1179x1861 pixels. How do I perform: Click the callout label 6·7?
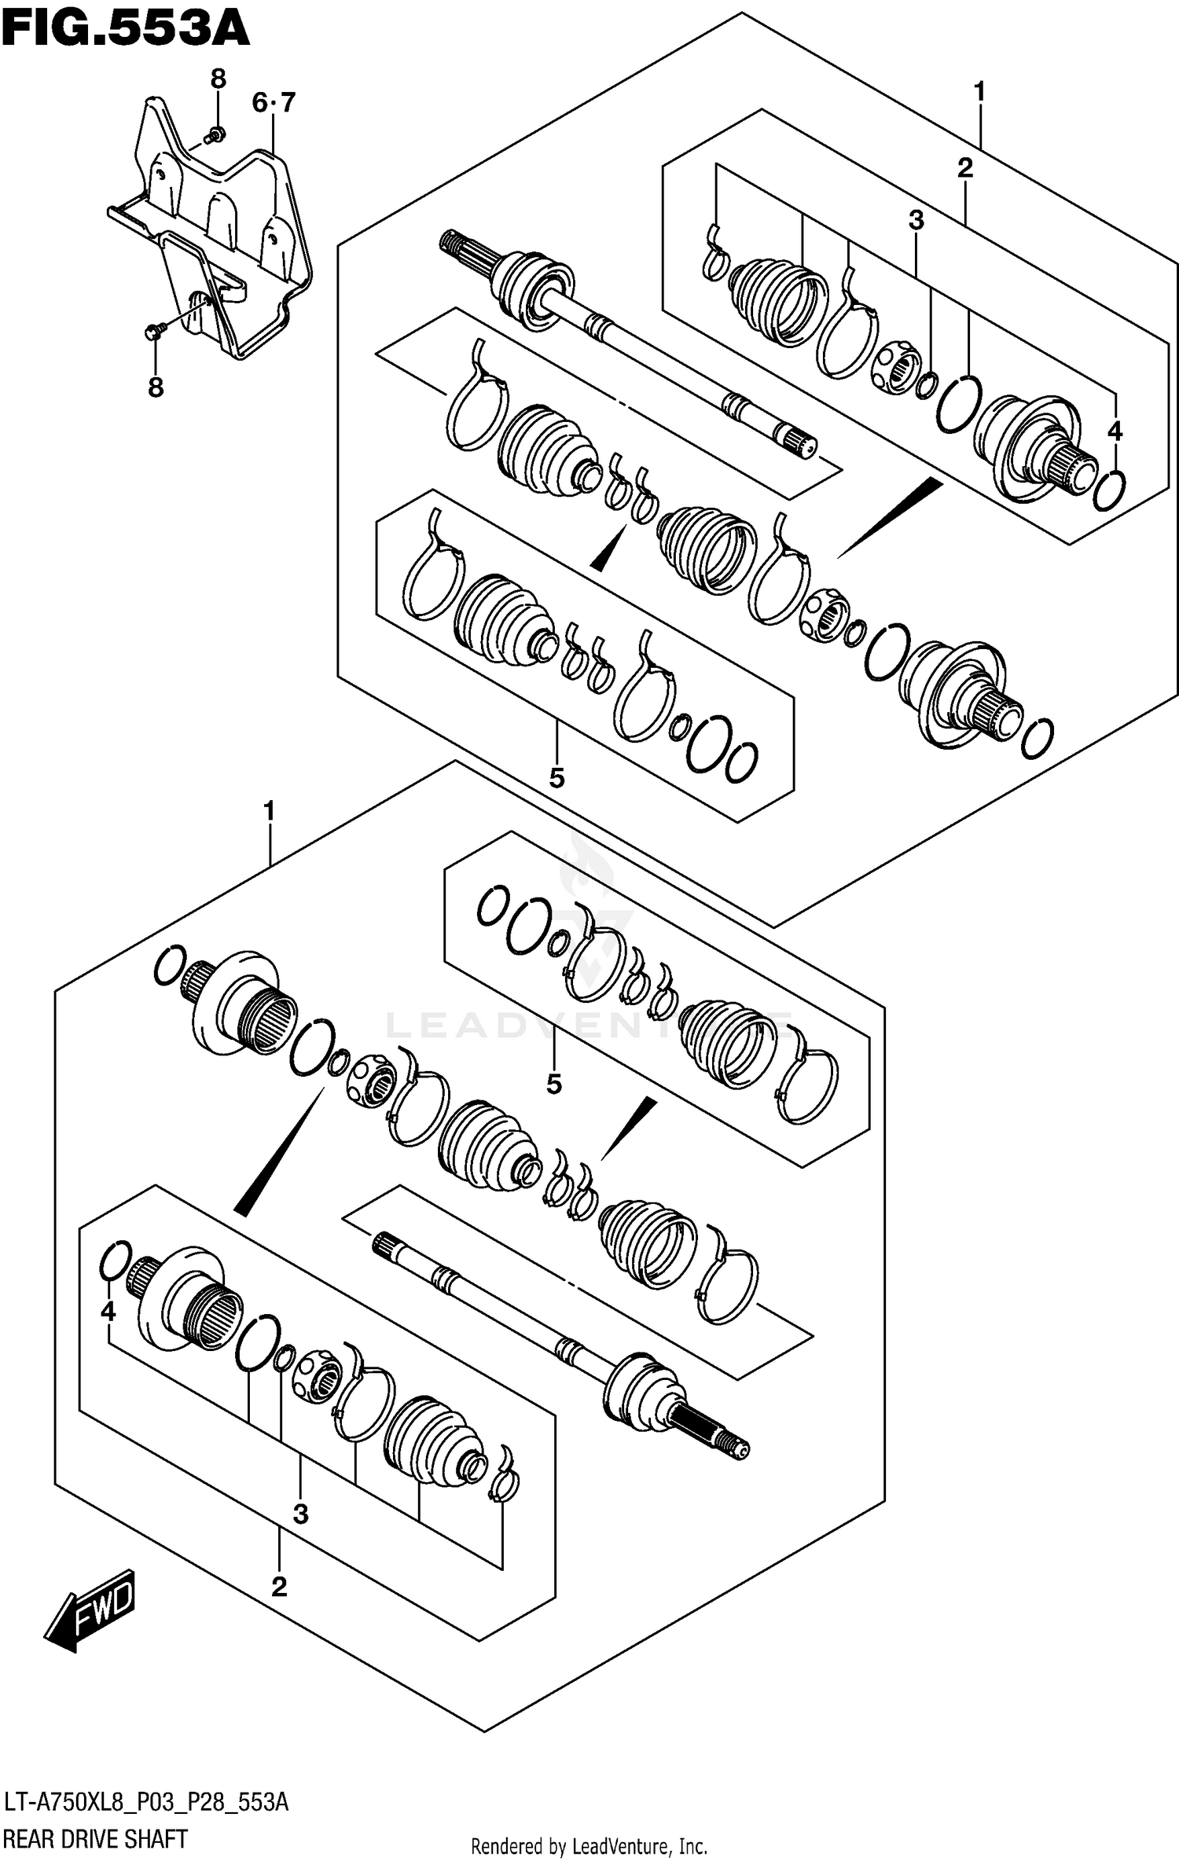(x=274, y=102)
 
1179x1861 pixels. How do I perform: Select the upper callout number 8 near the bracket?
(x=218, y=79)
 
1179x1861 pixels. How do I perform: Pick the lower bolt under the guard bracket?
(x=154, y=332)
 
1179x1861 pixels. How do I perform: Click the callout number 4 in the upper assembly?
(x=1115, y=431)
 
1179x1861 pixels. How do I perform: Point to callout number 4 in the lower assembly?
(x=108, y=1311)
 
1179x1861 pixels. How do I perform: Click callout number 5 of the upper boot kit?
(x=556, y=778)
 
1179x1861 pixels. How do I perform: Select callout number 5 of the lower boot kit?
(x=554, y=1085)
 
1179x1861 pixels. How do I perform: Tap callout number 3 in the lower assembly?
(x=300, y=1514)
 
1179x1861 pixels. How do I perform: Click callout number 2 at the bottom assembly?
(x=279, y=1587)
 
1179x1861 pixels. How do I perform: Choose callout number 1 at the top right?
(x=979, y=92)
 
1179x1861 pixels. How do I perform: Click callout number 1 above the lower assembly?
(x=269, y=811)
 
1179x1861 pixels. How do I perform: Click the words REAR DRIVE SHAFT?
(x=96, y=1839)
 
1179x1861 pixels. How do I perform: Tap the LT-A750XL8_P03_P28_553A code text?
(x=146, y=1801)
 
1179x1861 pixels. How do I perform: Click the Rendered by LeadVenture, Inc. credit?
(x=589, y=1845)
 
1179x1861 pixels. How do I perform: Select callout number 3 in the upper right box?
(x=916, y=221)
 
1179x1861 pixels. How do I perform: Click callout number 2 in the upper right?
(x=965, y=167)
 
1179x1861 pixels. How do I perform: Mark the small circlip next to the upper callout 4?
(x=1109, y=490)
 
